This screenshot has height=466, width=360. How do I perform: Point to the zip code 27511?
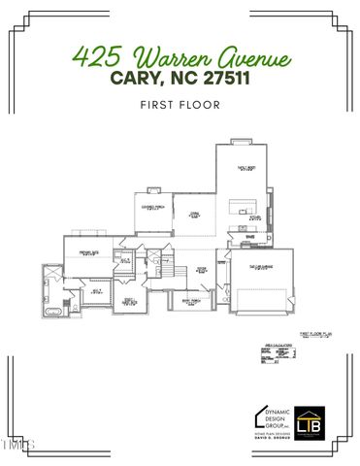coord(224,78)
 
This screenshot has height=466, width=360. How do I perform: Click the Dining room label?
coord(194,215)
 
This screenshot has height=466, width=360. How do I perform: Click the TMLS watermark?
coord(17,446)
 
